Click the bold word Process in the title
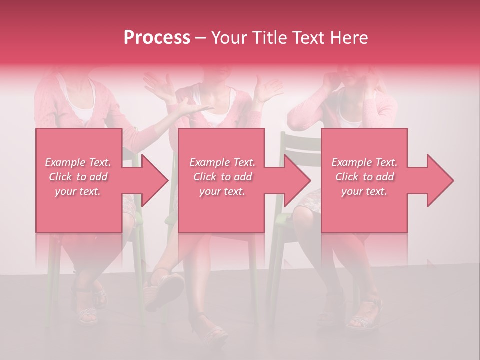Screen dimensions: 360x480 click(x=157, y=38)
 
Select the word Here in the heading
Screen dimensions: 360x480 click(x=349, y=38)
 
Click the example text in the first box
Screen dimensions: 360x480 click(x=78, y=176)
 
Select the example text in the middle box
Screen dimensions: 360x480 click(x=222, y=176)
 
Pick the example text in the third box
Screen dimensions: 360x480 click(x=364, y=176)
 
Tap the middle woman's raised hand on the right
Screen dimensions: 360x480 click(x=270, y=90)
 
